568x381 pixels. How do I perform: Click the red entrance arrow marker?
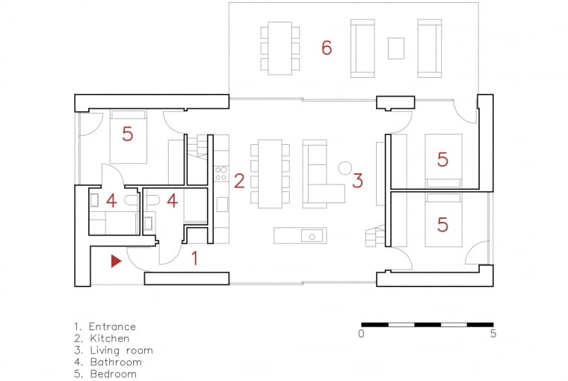pyautogui.click(x=115, y=261)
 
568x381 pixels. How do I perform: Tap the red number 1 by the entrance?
pyautogui.click(x=195, y=259)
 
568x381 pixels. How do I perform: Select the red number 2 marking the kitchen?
pyautogui.click(x=239, y=180)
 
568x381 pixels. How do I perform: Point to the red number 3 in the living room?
pyautogui.click(x=358, y=180)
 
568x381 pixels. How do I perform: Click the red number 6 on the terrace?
pyautogui.click(x=327, y=48)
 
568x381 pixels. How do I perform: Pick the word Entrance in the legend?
pyautogui.click(x=112, y=326)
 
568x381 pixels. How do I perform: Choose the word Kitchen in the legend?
pyautogui.click(x=109, y=338)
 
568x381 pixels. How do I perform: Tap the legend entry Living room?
pyautogui.click(x=121, y=350)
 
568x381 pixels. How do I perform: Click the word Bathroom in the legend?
pyautogui.click(x=116, y=362)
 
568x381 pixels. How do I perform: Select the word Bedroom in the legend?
pyautogui.click(x=114, y=374)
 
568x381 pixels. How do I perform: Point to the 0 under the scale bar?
pyautogui.click(x=361, y=334)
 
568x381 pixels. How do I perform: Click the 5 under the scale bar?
pyautogui.click(x=493, y=334)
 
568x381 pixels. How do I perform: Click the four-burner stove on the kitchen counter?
pyautogui.click(x=221, y=174)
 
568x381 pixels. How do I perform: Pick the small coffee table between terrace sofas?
pyautogui.click(x=396, y=48)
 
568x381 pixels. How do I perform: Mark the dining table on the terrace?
pyautogui.click(x=280, y=48)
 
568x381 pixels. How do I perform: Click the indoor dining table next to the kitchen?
pyautogui.click(x=270, y=173)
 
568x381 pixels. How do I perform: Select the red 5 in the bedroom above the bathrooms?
pyautogui.click(x=127, y=134)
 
